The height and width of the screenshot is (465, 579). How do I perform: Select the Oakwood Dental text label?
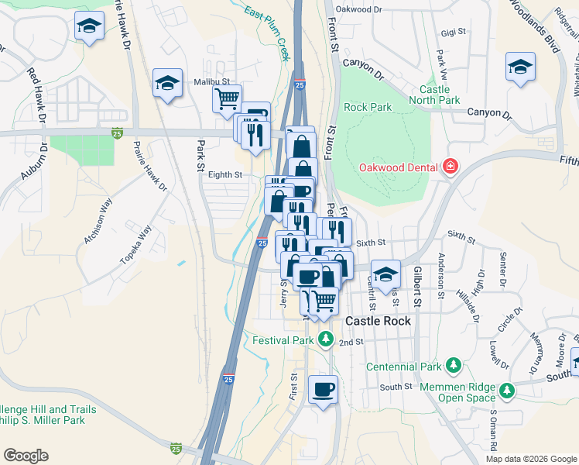(x=399, y=167)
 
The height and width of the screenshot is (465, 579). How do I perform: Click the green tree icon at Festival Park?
(x=327, y=339)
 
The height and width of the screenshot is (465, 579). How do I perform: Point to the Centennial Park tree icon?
(x=453, y=365)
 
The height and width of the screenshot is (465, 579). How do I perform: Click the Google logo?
(x=26, y=455)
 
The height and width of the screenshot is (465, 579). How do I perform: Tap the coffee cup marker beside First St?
(x=323, y=388)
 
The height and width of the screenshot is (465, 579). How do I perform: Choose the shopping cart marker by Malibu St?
(x=227, y=98)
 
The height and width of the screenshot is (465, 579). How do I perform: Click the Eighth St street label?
(x=225, y=175)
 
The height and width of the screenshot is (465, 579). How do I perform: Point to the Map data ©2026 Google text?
(x=529, y=458)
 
